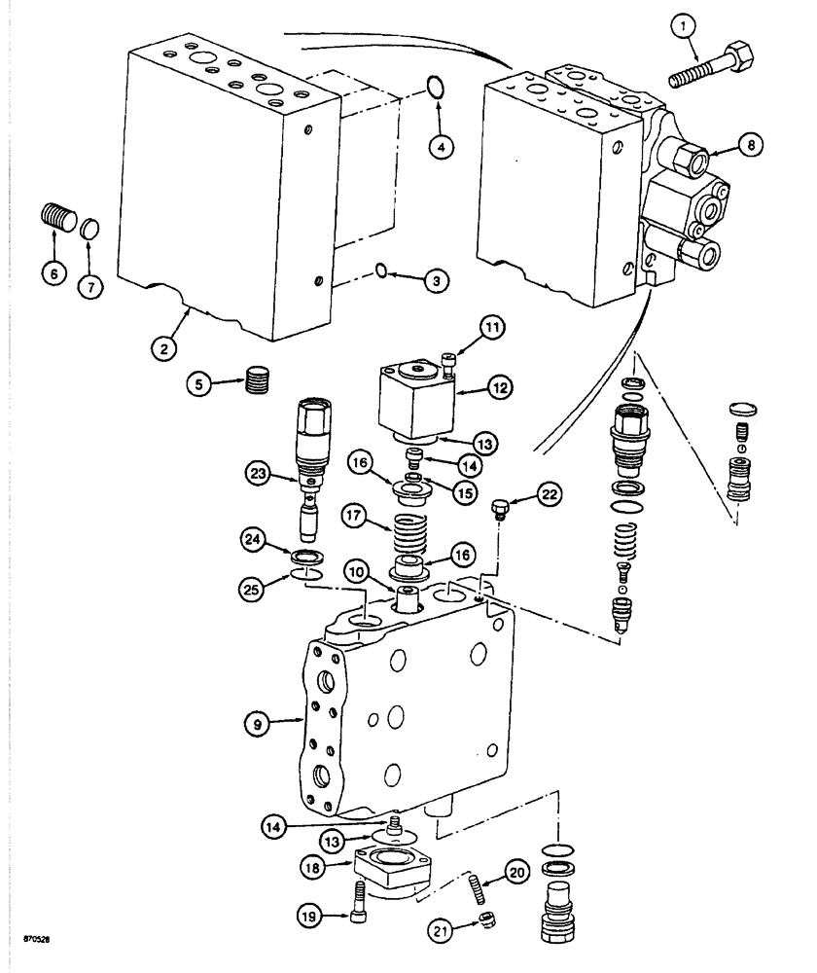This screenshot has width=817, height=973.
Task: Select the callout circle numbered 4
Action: [x=442, y=147]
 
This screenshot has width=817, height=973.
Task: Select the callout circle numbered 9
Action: [x=258, y=722]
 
